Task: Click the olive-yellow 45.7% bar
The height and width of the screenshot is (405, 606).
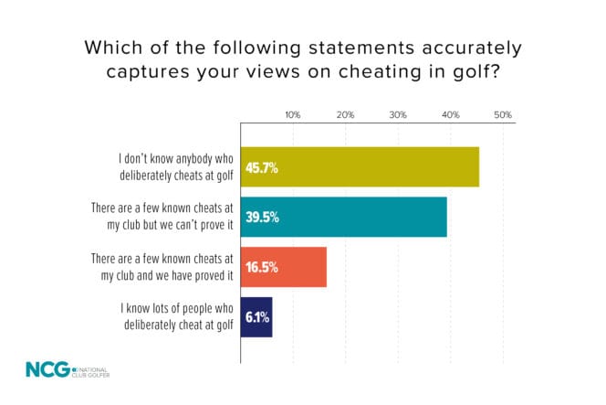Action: click(360, 167)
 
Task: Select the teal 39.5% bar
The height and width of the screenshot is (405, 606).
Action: click(343, 218)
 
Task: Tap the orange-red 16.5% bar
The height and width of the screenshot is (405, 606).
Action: click(283, 268)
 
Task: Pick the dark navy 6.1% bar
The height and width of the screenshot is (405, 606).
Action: click(256, 317)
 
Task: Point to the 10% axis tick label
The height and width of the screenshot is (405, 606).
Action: click(293, 115)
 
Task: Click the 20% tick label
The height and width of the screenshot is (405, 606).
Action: click(345, 115)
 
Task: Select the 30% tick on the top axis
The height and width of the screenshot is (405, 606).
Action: click(398, 115)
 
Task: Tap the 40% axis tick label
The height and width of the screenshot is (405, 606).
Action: click(450, 115)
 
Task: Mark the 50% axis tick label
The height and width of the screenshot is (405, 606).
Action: click(503, 115)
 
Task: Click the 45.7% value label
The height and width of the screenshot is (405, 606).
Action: click(261, 168)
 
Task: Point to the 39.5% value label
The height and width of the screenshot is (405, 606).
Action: click(261, 218)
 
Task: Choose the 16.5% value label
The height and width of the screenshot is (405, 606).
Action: click(261, 268)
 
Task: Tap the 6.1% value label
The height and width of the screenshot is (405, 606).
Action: click(256, 318)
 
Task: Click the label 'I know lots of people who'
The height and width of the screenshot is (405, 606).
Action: click(171, 309)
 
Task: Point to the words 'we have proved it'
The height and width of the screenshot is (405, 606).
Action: click(193, 276)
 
